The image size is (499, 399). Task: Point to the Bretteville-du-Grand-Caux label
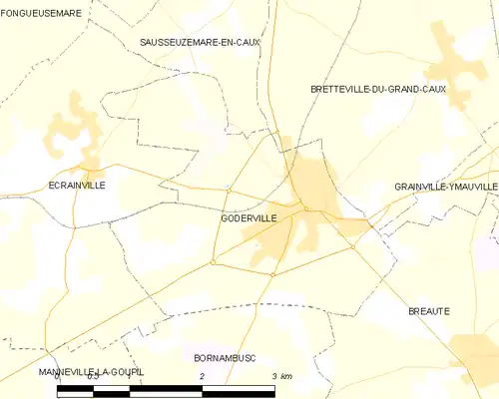(x=378, y=89)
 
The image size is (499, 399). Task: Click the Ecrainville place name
(x=78, y=186)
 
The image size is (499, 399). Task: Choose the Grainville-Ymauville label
(x=445, y=187)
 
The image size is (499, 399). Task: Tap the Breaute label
(x=429, y=311)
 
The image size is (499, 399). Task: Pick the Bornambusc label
(x=225, y=356)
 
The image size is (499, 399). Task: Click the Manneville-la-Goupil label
(x=92, y=372)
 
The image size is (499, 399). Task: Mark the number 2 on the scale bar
(x=202, y=376)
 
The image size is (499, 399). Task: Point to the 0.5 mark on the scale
(x=92, y=377)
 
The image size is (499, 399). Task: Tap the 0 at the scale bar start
(x=58, y=377)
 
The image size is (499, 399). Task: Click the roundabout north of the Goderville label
(x=229, y=190)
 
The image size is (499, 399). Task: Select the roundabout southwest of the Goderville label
(x=213, y=262)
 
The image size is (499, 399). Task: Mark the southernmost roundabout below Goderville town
(x=272, y=274)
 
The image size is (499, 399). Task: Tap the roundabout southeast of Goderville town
(x=352, y=246)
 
